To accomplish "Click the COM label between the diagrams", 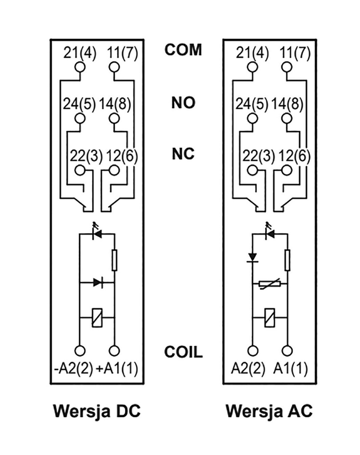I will pos(183,50).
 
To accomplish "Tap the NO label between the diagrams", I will pos(183,103).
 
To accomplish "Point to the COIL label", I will pos(183,353).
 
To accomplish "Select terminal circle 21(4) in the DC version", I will pos(80,67).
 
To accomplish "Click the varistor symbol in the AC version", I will pos(270,283).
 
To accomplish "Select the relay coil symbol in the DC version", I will pos(97,319).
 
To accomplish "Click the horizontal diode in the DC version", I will pos(97,282).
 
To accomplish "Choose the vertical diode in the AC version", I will pos(253,257).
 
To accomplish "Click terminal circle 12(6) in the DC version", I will pos(115,170).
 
